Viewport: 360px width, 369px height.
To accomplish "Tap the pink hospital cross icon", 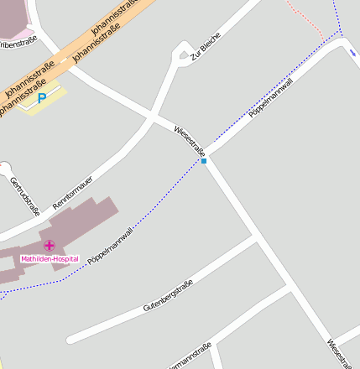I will tap(50, 245).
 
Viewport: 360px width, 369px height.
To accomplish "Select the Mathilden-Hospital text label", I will tap(50, 259).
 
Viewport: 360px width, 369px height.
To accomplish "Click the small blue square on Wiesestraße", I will tap(204, 160).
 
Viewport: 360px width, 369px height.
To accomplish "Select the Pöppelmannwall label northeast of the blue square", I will tap(271, 100).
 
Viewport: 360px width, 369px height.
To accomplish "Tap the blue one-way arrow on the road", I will tap(351, 49).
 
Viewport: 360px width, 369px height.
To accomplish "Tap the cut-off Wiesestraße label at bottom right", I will tap(342, 352).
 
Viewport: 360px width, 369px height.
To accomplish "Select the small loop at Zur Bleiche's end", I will tap(182, 56).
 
